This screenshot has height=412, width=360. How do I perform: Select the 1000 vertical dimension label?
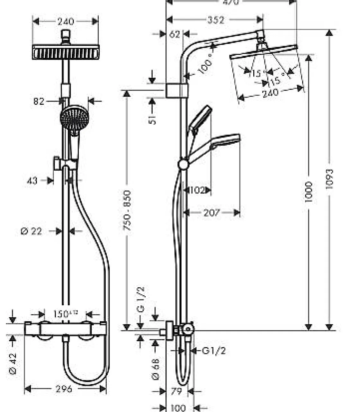[x=309, y=192]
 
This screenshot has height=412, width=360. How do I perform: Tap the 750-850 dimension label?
[x=127, y=210]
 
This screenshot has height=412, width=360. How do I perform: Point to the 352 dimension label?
[x=215, y=20]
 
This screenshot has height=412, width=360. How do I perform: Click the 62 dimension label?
[x=175, y=34]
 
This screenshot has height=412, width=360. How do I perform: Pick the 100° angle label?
[x=206, y=63]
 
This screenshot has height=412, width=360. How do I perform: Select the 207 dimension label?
[x=211, y=213]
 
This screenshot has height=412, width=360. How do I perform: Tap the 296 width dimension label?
[x=64, y=389]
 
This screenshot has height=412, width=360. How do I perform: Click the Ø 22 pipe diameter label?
[x=32, y=231]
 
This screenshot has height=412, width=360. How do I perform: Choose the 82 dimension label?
[x=39, y=101]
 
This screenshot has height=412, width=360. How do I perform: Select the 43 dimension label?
[x=32, y=181]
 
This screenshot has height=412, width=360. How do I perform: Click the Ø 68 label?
[x=155, y=369]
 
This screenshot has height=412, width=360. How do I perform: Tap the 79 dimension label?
[x=176, y=391]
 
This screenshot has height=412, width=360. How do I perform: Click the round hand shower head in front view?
[x=73, y=118]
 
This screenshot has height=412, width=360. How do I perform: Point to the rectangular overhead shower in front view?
[x=66, y=52]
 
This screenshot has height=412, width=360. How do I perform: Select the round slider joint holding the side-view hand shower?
[x=183, y=164]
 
